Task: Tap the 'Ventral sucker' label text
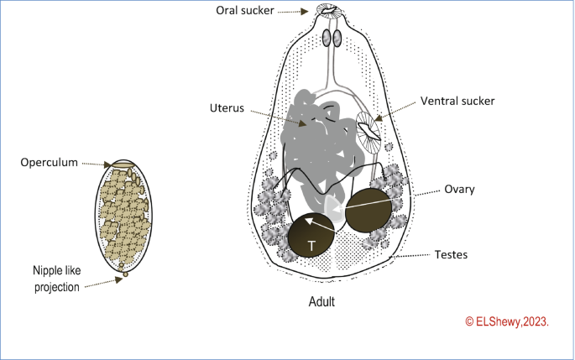pyautogui.click(x=457, y=101)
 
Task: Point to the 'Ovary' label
pyautogui.click(x=461, y=190)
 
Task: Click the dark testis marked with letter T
pyautogui.click(x=311, y=237)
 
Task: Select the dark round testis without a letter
pyautogui.click(x=368, y=209)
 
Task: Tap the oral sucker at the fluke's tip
pyautogui.click(x=327, y=12)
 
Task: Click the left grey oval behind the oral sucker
pyautogui.click(x=326, y=39)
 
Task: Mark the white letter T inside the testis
pyautogui.click(x=311, y=246)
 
